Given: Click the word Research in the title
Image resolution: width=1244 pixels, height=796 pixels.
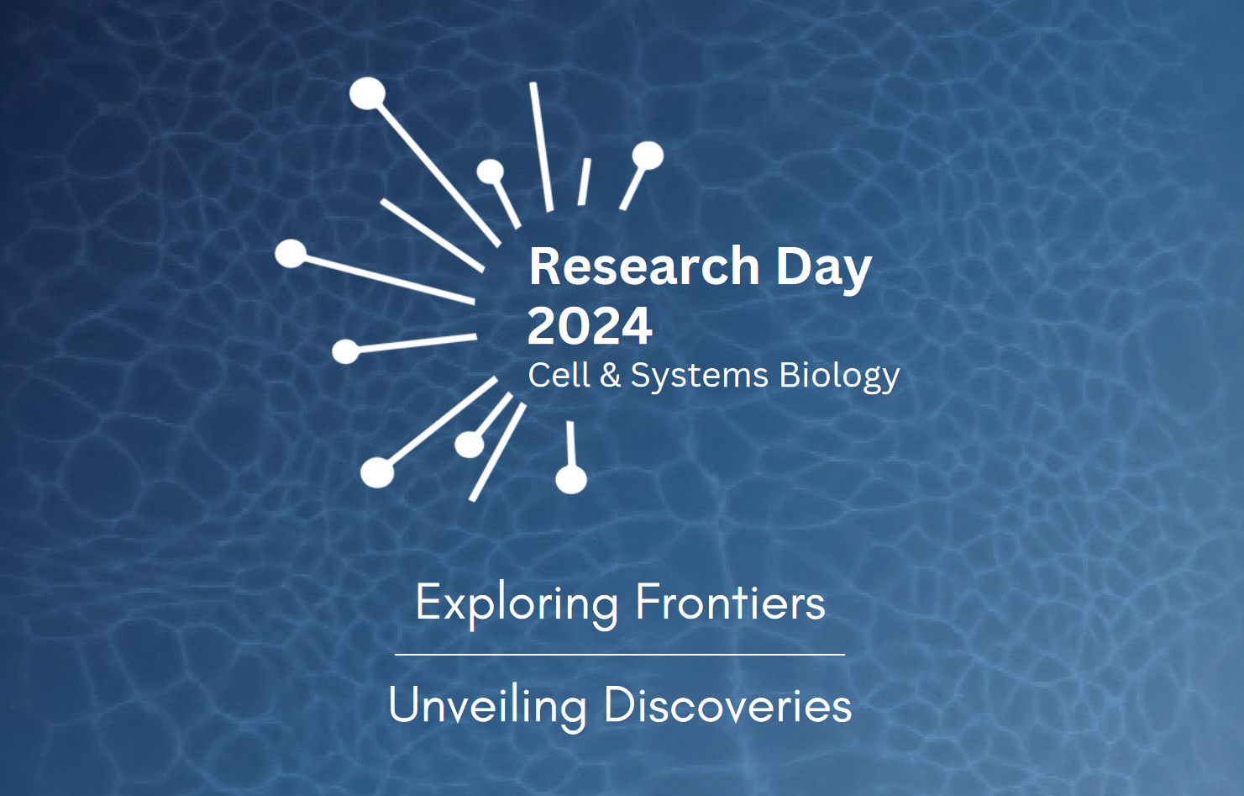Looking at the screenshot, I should (643, 266).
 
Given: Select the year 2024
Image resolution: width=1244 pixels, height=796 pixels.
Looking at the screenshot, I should (590, 326).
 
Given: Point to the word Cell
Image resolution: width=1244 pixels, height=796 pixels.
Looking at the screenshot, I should (559, 375).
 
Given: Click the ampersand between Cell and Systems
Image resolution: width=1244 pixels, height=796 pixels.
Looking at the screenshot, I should (611, 375).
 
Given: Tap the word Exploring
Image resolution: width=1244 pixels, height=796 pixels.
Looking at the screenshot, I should (517, 604).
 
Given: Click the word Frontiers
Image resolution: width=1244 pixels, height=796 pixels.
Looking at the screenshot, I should (730, 603).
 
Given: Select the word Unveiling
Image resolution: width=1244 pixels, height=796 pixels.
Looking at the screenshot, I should (487, 705).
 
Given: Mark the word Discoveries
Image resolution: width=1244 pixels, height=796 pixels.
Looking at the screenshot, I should (727, 705).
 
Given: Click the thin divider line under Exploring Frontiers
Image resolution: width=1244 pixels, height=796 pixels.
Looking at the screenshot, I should (620, 654).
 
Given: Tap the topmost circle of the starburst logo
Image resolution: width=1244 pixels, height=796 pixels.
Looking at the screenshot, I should (367, 93).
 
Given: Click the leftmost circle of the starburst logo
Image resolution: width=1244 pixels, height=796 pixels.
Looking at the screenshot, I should (291, 253).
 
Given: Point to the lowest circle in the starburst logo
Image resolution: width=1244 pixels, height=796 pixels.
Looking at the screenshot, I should (571, 480).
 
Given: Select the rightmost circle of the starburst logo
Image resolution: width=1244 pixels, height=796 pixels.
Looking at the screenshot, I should (648, 155).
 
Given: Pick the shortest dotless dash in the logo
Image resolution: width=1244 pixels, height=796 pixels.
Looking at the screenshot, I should (584, 182).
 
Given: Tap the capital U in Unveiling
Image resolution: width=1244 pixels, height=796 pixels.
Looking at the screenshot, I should (404, 704).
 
